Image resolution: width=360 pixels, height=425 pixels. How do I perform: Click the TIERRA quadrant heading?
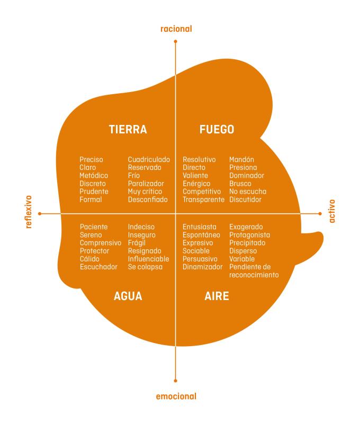[x=128, y=130]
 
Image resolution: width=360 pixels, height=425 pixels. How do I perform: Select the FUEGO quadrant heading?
[x=217, y=130]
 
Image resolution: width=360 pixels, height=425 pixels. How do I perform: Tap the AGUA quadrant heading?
[x=128, y=296]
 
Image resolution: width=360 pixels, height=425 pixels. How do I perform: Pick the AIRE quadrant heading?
[x=217, y=296]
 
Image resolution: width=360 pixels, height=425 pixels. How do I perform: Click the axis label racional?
[x=176, y=29]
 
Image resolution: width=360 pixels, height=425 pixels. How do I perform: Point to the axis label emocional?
[x=176, y=396]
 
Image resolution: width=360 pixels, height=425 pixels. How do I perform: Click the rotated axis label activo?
[x=332, y=211]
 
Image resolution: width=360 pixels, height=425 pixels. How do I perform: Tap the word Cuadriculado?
[x=149, y=159]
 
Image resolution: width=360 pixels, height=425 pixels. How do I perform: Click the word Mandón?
[x=241, y=159]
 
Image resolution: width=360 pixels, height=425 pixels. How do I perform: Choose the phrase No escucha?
[x=248, y=191]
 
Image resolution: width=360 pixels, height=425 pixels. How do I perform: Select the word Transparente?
[x=204, y=200]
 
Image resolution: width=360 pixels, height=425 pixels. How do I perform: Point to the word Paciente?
[x=94, y=227]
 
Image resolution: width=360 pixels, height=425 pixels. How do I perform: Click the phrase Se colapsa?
[x=146, y=267]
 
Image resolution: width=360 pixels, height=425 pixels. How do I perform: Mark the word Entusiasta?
[x=200, y=227]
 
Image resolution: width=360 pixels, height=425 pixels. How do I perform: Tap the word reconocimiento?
[x=254, y=275]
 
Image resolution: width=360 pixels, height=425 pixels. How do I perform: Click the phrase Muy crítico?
[x=145, y=191]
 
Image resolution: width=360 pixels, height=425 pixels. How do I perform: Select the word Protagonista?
[x=249, y=235]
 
